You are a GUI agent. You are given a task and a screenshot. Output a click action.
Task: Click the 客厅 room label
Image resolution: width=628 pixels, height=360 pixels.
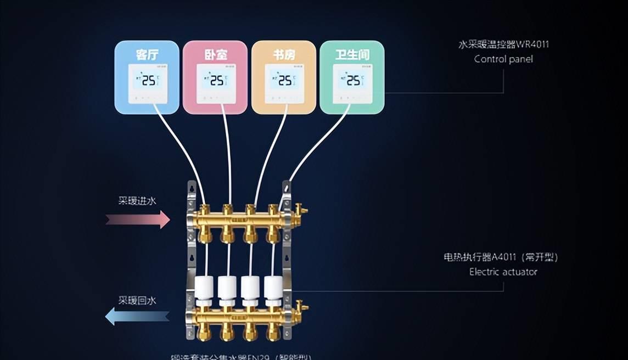coord(147,55)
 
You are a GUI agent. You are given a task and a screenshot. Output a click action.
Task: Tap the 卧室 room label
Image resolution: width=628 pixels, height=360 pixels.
coord(216,55)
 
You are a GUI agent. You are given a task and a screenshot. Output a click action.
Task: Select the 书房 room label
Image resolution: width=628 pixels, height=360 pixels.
coord(284,55)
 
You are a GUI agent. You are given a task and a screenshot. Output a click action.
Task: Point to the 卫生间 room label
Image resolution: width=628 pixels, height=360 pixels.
coord(352,55)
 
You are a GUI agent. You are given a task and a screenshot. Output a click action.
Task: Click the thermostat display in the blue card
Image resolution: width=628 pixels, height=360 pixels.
coord(147,81)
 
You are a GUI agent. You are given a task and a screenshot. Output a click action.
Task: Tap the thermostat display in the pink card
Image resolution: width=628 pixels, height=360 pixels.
coord(216,81)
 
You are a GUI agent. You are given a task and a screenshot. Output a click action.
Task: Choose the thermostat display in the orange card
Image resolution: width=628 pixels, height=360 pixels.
coord(284,81)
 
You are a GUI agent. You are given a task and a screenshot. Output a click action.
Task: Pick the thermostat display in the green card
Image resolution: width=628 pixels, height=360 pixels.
coord(352,81)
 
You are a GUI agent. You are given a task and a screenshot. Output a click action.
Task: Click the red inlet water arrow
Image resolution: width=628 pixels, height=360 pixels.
coord(138,220)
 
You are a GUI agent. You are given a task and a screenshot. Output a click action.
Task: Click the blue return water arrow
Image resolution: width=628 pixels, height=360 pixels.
coord(137,316)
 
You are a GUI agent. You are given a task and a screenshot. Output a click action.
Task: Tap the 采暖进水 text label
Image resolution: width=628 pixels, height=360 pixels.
coord(137,201)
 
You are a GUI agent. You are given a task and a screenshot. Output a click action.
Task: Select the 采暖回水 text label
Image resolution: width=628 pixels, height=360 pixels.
coord(137,300)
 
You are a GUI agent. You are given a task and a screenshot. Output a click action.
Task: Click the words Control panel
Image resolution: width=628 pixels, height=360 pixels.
coord(503,59)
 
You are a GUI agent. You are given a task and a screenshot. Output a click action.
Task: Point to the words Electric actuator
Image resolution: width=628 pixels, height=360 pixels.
coord(503,272)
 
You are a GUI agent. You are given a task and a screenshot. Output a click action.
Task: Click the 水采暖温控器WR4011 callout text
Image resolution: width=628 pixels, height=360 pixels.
coord(503,44)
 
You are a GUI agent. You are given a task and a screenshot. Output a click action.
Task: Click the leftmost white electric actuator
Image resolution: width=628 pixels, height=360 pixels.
coord(204,289)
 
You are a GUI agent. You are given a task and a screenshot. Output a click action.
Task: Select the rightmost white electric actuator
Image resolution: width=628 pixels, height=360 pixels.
coord(273,289)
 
